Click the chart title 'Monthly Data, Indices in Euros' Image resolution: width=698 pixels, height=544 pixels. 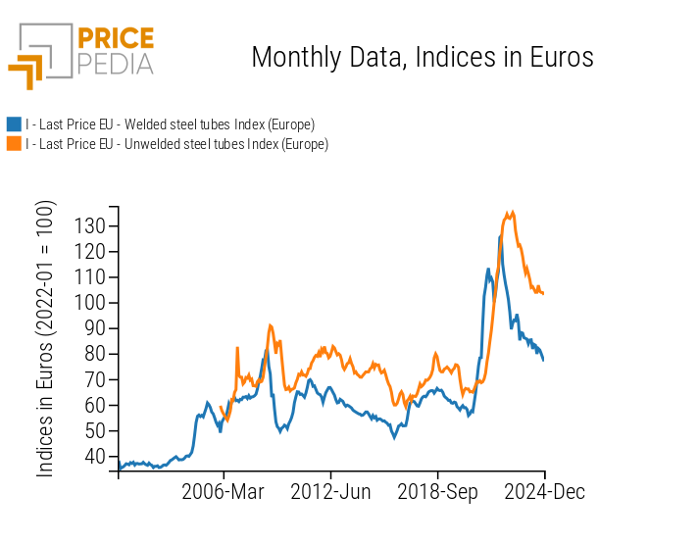[x=423, y=57]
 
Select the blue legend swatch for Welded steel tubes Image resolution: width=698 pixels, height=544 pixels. [x=14, y=124]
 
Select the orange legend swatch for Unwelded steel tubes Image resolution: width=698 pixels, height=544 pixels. [x=14, y=144]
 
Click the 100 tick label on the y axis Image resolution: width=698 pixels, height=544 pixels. [x=92, y=303]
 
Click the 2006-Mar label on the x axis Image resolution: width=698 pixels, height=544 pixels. [x=224, y=492]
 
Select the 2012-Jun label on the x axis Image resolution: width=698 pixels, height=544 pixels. [x=331, y=492]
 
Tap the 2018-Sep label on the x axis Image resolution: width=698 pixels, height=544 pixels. [x=437, y=492]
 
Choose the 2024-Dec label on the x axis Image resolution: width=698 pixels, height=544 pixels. [x=544, y=492]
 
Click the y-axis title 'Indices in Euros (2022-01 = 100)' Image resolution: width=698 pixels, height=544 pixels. [x=46, y=339]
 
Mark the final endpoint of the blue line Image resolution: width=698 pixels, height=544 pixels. [x=543, y=360]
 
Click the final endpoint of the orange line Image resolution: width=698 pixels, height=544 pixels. [x=543, y=293]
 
